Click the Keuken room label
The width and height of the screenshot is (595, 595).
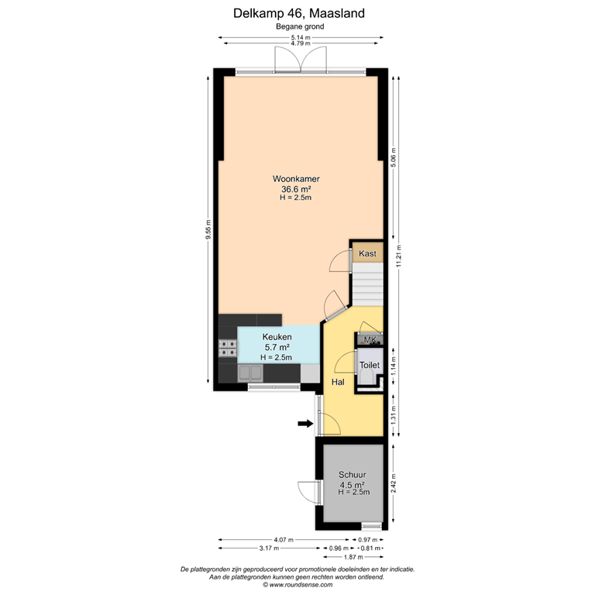point(277,337)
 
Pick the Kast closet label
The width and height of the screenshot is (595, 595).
point(367,254)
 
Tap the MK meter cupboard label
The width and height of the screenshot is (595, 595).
point(370,339)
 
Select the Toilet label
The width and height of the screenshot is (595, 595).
point(370,363)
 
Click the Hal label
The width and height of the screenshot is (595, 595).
point(339,383)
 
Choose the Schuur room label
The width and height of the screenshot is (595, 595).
point(352,476)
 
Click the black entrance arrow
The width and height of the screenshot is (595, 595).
point(305,423)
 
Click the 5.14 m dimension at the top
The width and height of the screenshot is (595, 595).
point(300,36)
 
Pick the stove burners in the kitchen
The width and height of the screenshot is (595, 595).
point(228,349)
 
